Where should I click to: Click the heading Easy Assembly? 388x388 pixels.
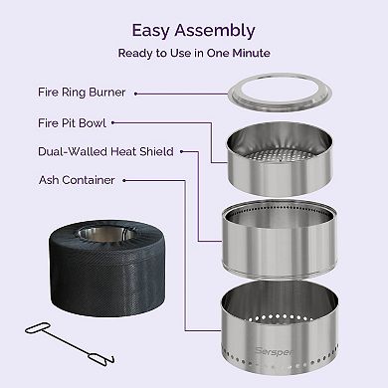click(194, 31)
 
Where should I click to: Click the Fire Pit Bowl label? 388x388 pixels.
click(67, 124)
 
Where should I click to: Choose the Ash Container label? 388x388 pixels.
click(71, 180)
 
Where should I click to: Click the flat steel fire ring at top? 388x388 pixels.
click(279, 97)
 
